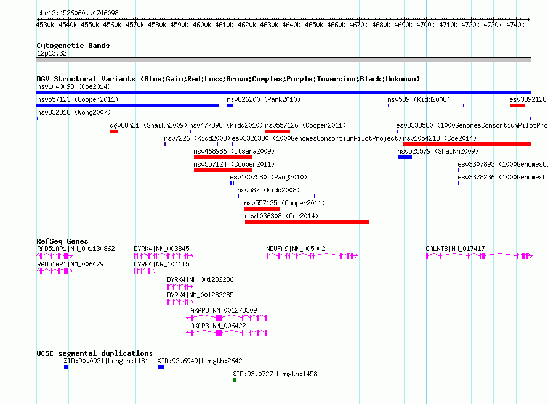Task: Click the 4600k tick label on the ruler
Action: point(202,25)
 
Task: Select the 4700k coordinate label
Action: point(425,25)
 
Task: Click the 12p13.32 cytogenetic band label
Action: point(52,53)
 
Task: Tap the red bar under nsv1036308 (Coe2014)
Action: point(307,222)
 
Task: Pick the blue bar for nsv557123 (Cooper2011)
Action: point(127,105)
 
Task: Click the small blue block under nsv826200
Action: point(230,105)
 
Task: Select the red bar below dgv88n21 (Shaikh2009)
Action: point(114,131)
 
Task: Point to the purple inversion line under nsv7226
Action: point(191,144)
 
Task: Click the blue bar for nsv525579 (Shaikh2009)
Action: point(405,157)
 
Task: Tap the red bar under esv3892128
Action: point(517,105)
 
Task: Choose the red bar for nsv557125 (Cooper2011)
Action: point(262,209)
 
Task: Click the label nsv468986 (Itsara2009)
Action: point(234,151)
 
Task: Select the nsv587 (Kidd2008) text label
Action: point(268,190)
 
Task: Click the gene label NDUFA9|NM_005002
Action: point(296,249)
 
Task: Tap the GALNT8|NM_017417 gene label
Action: point(455,249)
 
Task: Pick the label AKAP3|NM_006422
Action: point(218,326)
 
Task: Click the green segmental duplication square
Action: point(235,380)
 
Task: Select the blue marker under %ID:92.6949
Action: point(161,367)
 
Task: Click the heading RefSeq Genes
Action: point(62,241)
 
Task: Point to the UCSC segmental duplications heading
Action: point(95,353)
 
